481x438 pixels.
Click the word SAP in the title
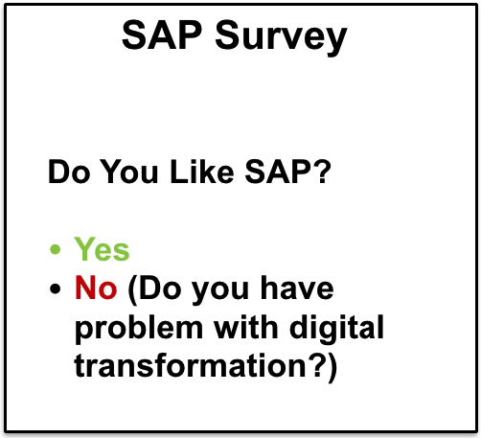pos(162,35)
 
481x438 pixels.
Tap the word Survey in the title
pos(282,38)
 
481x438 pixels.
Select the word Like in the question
pos(202,172)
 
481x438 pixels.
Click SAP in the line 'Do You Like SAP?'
pos(277,172)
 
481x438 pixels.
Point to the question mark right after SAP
pos(320,172)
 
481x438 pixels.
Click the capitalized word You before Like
pos(130,172)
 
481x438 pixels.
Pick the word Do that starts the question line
pos(69,172)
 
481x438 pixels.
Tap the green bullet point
pos(55,249)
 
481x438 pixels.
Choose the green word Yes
pos(102,249)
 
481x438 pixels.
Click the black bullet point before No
pos(55,288)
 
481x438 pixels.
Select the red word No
pos(96,288)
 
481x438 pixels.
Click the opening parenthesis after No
pos(132,290)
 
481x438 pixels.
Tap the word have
pos(297,288)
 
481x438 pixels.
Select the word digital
pos(336,330)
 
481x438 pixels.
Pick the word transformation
pos(191,365)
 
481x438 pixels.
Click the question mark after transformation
pos(316,365)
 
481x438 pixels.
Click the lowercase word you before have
pos(220,290)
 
